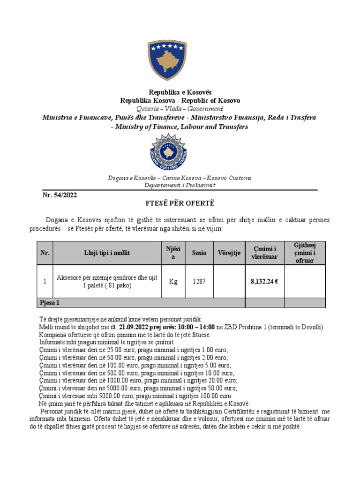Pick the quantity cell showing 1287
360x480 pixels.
pos(199,282)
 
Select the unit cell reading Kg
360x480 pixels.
pos(173,282)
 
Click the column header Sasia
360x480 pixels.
pos(199,253)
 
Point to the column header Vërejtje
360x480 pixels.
pos(229,253)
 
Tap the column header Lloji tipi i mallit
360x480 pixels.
pos(107,253)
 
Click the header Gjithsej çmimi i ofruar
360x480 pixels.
pos(305,253)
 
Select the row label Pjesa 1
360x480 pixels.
pos(50,303)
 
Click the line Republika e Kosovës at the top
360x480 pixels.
pos(180,92)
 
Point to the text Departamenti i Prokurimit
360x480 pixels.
pos(180,185)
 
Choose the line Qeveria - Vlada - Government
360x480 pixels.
pos(180,108)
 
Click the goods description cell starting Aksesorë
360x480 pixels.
pos(107,281)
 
